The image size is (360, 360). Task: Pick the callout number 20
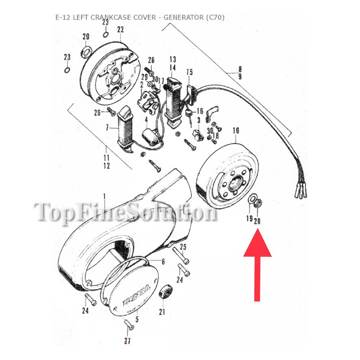click(86, 36)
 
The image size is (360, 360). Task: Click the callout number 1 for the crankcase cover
click(104, 197)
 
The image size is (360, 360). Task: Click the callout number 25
click(183, 247)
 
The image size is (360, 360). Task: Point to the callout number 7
click(107, 128)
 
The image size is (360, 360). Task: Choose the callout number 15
click(189, 72)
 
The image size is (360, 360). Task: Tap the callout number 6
click(162, 261)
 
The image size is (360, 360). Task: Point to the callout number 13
click(171, 59)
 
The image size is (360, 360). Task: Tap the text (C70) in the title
click(215, 18)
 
